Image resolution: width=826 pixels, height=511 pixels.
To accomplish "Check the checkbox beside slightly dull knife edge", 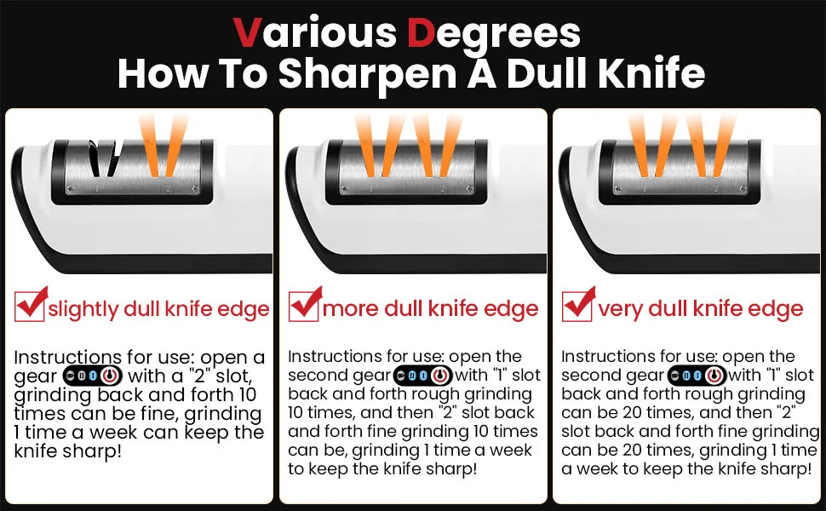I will click(x=30, y=306).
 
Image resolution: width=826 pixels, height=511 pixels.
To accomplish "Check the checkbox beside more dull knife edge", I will click(x=303, y=306).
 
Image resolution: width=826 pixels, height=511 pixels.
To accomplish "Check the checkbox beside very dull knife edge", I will click(x=577, y=306).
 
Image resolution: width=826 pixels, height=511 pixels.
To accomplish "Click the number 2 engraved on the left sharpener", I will click(x=169, y=188).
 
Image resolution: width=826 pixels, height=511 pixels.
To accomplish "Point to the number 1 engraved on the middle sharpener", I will click(x=370, y=188).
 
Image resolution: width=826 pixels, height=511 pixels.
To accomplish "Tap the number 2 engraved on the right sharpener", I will click(x=715, y=188).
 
